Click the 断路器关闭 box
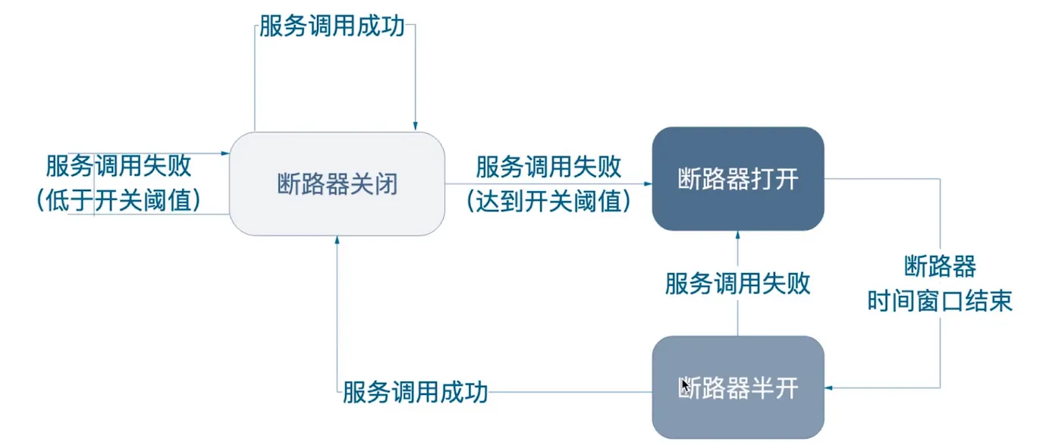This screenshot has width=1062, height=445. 337,183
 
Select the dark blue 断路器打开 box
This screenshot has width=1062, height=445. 737,179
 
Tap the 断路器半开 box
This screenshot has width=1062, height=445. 737,387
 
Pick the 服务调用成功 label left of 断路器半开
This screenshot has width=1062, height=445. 415,393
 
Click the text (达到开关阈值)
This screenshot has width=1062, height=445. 548,200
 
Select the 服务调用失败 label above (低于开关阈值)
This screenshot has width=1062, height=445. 119,165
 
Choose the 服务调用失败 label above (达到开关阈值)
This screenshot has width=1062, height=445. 548,166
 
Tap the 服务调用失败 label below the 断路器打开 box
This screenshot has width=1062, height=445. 737,284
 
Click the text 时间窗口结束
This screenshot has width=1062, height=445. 940,301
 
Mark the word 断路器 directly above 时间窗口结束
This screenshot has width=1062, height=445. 940,267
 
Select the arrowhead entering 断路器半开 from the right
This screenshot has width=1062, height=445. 828,387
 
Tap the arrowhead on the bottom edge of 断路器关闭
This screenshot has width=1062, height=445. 337,240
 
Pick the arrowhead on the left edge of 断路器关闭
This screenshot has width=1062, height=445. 225,153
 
